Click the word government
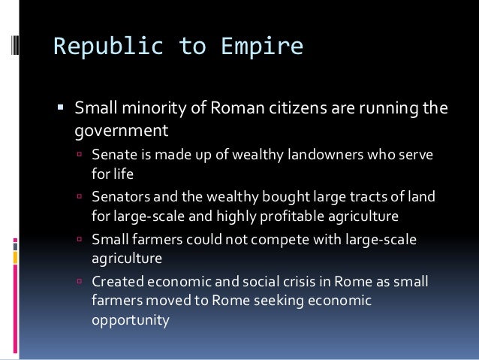[120, 132]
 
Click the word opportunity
[130, 318]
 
